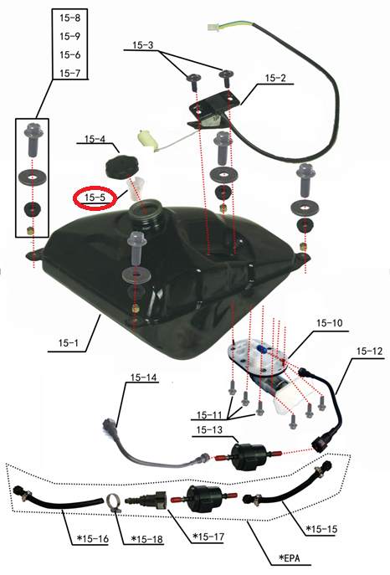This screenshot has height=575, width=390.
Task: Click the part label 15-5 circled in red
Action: (x=95, y=198)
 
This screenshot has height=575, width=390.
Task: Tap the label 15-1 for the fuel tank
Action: (x=68, y=343)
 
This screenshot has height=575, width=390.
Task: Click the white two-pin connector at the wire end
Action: (x=213, y=28)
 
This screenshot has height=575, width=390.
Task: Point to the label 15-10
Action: (x=330, y=323)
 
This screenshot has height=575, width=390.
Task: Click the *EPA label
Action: (x=290, y=557)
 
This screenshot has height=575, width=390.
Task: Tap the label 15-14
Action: (x=143, y=377)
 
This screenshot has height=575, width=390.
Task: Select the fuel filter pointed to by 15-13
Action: (x=247, y=457)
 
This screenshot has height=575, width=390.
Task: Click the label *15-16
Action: (x=93, y=539)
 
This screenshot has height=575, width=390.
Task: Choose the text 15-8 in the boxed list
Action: (x=69, y=18)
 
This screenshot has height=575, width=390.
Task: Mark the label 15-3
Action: (x=143, y=45)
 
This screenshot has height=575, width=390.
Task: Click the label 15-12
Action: (x=369, y=351)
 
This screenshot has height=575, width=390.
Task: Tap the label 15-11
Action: (x=209, y=415)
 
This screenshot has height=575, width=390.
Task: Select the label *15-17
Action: (x=208, y=536)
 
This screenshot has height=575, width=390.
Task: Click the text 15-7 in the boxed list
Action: (x=69, y=73)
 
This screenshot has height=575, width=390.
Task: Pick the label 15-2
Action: (x=275, y=78)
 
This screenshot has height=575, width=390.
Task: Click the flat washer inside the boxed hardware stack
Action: (x=33, y=177)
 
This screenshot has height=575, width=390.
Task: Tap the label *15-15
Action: (x=321, y=529)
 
